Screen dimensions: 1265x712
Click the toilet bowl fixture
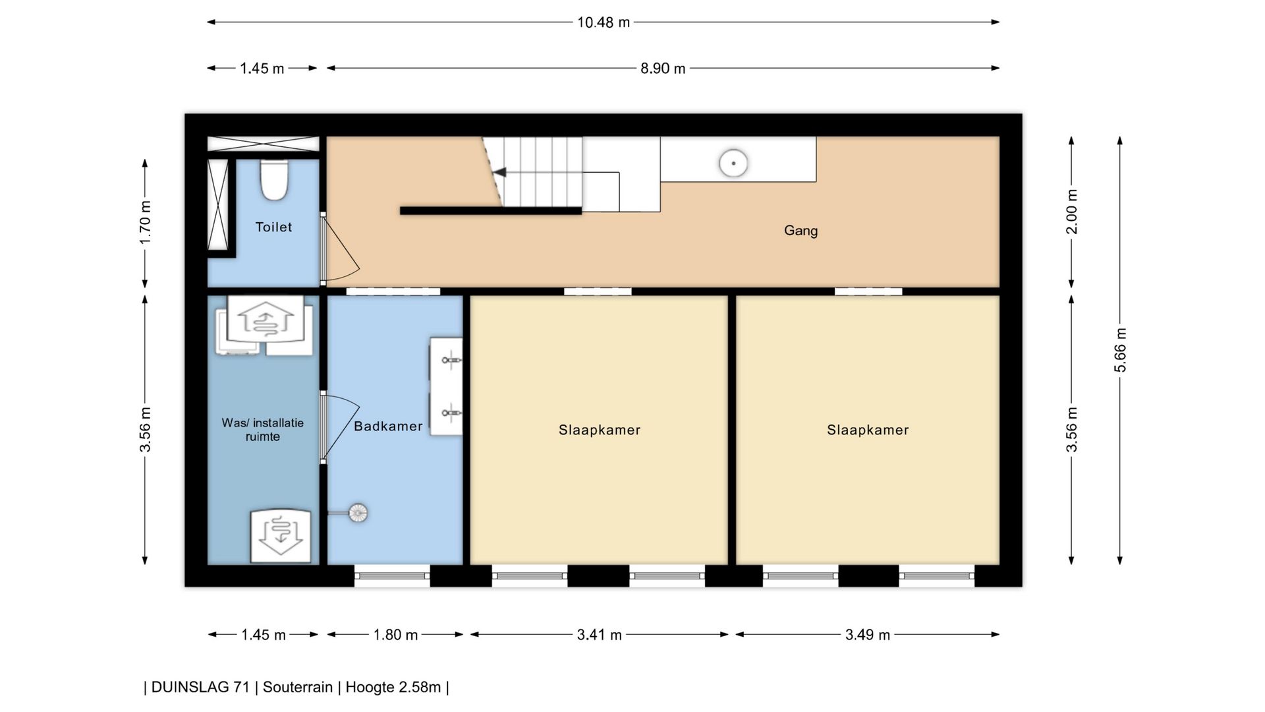coord(274,179)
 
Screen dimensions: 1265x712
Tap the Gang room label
coord(801,231)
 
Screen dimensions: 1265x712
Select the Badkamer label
coord(388,426)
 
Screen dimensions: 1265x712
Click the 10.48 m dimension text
coord(604,22)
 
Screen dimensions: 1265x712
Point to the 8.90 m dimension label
coord(663,69)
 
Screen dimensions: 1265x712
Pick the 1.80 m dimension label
coord(395,635)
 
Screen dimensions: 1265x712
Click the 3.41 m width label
coord(599,635)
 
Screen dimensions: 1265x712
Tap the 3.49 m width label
coord(868,635)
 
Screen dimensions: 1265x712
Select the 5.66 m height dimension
coord(1120,349)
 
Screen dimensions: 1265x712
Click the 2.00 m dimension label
coord(1072,212)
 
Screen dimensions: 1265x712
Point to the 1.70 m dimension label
coord(145,223)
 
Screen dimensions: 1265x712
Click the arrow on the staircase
coord(499,172)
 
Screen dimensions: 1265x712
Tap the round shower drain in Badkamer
coord(357,513)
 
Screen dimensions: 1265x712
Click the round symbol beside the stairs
coord(733,163)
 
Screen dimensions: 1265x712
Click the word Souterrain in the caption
coord(298,687)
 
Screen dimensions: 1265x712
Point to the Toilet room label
coord(273,227)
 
